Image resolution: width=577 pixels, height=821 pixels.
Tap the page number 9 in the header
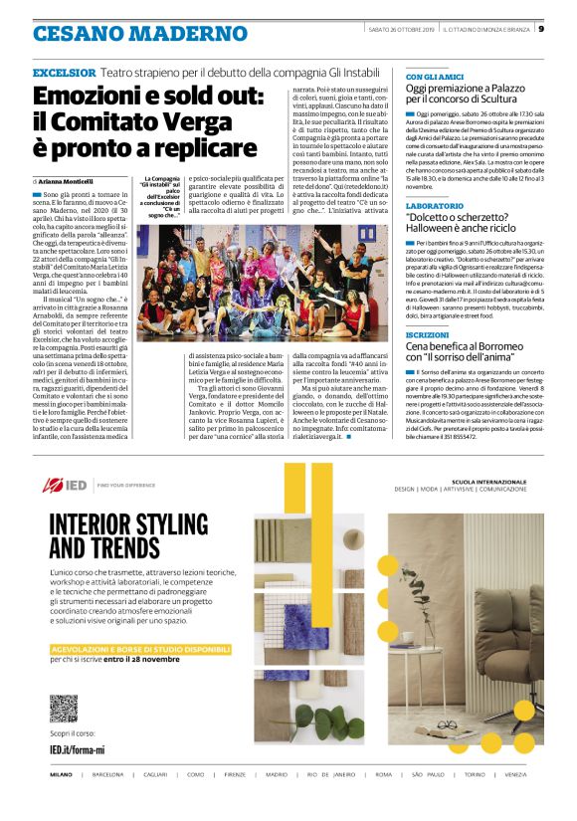coord(540,28)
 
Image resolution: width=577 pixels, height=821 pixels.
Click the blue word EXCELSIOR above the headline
coord(65,74)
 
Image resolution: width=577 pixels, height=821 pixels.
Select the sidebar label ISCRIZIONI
coord(427,334)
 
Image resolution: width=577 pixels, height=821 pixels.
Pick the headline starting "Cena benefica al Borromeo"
coord(467,346)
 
